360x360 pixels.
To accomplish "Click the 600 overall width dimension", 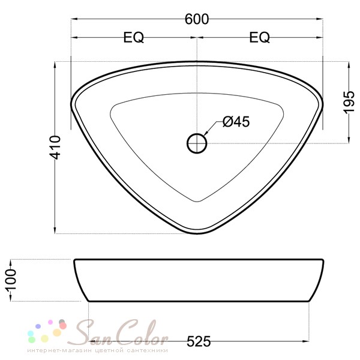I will pos(197,19).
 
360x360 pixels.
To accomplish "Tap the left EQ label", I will pos(134,38).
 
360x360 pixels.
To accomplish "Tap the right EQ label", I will pos(259,38).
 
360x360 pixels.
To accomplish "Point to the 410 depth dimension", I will pos(55,148).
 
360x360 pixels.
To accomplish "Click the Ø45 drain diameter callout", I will pos(235,122).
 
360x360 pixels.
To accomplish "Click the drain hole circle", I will pos(197,143).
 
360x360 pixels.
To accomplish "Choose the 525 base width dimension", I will pos(199,341).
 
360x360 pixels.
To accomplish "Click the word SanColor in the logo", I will pos(114,332).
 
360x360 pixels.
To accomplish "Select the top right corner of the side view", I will pos(322,261).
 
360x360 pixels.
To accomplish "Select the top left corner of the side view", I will pos(75,261).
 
